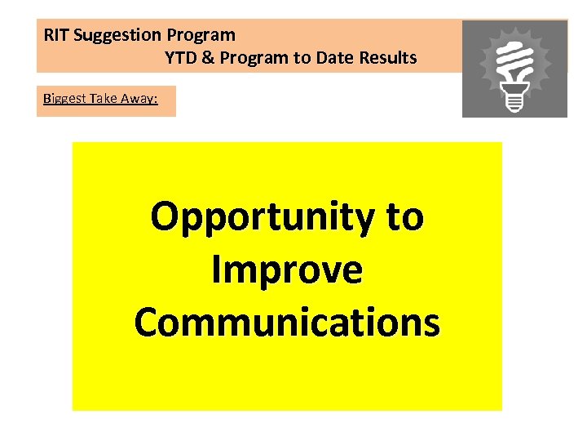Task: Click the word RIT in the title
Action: pyautogui.click(x=56, y=35)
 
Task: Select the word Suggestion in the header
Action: pyautogui.click(x=118, y=35)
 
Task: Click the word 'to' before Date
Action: pyautogui.click(x=298, y=58)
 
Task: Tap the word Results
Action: pyautogui.click(x=386, y=58)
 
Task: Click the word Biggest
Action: pyautogui.click(x=64, y=100)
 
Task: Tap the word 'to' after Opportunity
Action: pyautogui.click(x=404, y=216)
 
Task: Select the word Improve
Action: pyautogui.click(x=286, y=269)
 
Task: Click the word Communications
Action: pyautogui.click(x=287, y=321)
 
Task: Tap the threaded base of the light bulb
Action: pyautogui.click(x=514, y=101)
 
